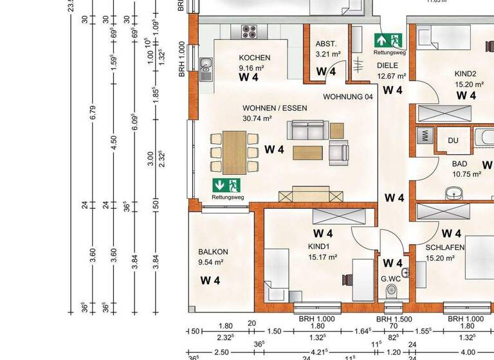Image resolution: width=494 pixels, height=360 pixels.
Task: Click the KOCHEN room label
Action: (255, 58)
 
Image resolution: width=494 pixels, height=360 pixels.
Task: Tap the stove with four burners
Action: (249, 32)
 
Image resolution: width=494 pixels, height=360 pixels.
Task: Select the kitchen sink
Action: (206, 69)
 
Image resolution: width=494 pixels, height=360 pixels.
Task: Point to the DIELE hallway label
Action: (388, 65)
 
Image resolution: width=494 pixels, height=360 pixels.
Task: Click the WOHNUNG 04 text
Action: (348, 97)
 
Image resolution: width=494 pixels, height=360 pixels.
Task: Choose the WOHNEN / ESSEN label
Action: (275, 109)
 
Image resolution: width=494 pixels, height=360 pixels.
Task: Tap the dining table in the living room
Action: (235, 152)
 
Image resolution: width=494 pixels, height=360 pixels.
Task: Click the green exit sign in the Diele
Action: (388, 39)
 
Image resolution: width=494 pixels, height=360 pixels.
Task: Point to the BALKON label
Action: (214, 252)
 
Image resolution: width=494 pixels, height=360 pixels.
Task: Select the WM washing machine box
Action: (425, 136)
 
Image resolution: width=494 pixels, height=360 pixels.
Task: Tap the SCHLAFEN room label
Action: (445, 248)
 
